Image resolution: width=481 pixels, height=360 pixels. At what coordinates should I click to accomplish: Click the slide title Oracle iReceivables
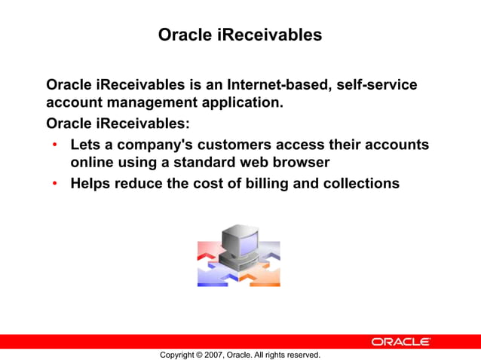point(240,35)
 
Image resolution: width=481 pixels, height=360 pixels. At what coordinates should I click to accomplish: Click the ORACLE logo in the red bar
point(400,342)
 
